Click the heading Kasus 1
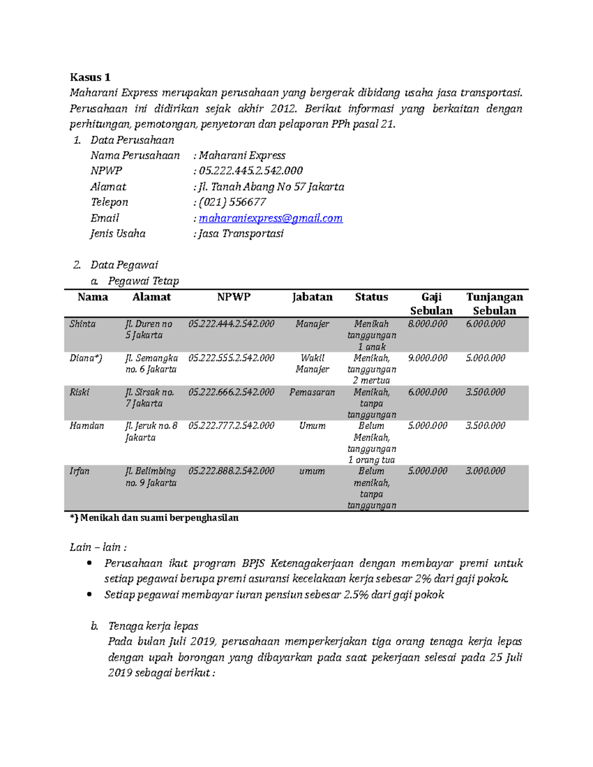coord(90,77)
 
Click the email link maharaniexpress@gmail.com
coord(270,218)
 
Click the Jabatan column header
coord(312,297)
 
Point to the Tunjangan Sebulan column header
coord(494,303)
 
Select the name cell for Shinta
coord(83,324)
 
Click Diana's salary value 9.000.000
coord(427,358)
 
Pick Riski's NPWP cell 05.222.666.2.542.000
coord(231,392)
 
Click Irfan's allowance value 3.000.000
coord(485,471)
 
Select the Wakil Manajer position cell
coord(312,363)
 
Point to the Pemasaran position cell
coord(312,392)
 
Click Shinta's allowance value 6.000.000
coord(485,324)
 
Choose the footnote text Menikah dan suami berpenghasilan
coord(159,518)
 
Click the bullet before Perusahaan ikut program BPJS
coord(89,563)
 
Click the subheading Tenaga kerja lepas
coord(153,626)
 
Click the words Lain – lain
coord(98,547)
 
